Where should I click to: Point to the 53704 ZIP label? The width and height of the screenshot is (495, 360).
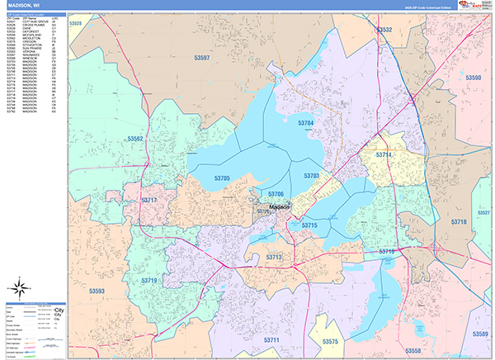305,123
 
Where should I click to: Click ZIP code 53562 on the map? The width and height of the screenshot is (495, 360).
136,139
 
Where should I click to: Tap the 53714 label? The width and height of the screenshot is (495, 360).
384,154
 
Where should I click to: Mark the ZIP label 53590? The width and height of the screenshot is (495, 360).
474,78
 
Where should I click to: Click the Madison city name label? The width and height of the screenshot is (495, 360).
275,206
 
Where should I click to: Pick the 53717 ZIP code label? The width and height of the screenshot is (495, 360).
148,201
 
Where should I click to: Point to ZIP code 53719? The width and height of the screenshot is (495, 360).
148,281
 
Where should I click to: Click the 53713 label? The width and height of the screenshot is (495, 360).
274,258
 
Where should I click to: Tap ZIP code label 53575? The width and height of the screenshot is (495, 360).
330,341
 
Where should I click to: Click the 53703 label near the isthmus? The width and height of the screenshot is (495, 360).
311,176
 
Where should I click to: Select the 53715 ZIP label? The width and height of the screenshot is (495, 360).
309,225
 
